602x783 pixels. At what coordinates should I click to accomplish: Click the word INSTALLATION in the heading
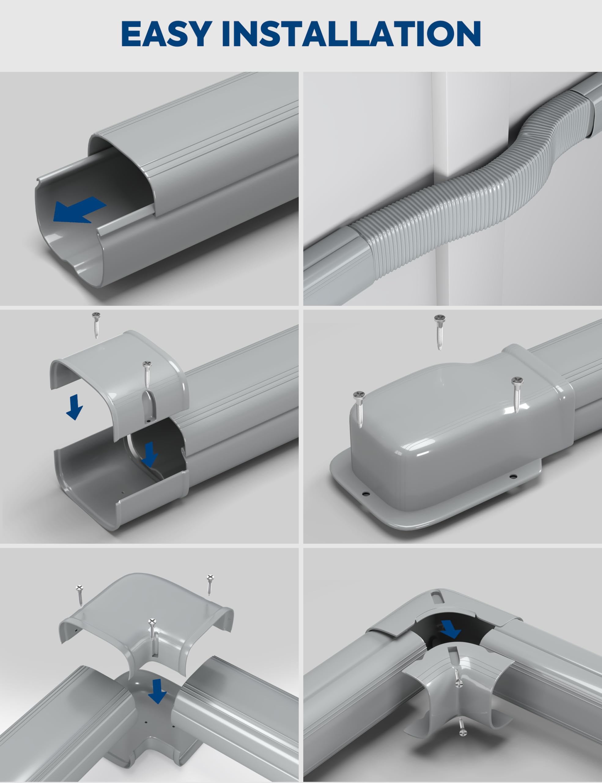351,33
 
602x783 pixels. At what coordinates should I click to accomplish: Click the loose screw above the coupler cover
96,325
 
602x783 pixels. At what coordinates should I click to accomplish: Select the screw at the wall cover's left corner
359,409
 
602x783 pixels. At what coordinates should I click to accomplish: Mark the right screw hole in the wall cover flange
514,476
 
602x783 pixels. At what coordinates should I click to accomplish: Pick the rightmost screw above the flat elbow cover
210,585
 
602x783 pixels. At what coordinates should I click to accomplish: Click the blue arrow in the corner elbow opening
450,629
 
